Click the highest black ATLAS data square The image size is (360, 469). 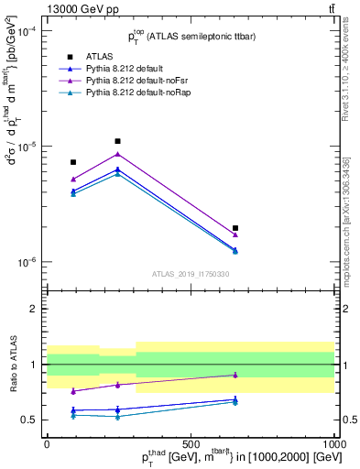pyautogui.click(x=117, y=141)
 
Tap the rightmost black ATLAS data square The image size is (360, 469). pyautogui.click(x=235, y=228)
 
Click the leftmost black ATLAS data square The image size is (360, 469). pyautogui.click(x=73, y=162)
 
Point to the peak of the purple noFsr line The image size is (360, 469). pyautogui.click(x=117, y=153)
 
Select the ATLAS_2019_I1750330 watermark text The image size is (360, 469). pyautogui.click(x=191, y=274)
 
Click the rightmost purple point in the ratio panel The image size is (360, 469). pyautogui.click(x=235, y=375)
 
